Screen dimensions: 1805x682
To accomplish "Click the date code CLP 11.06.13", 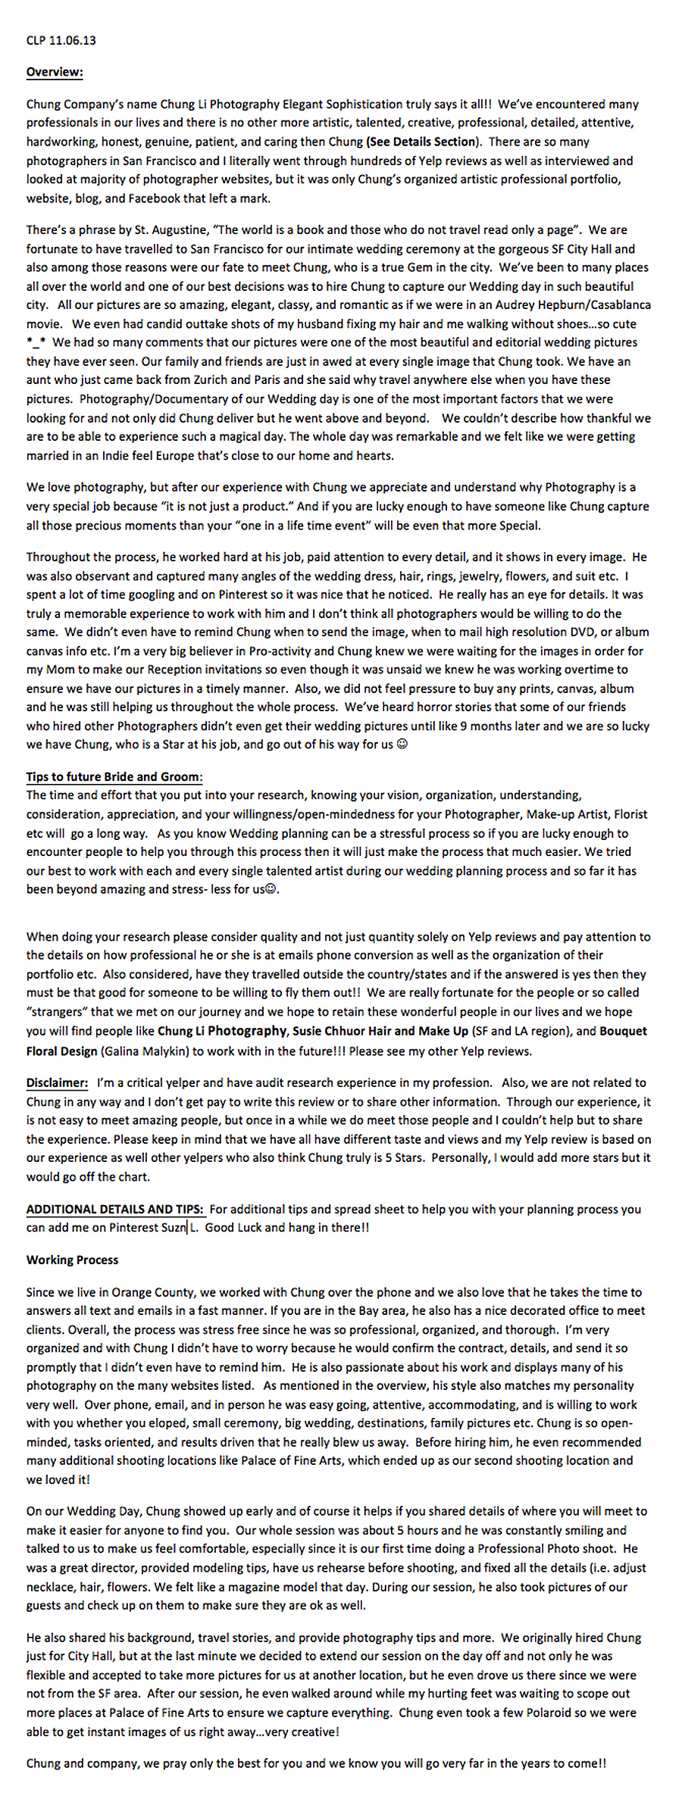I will (x=61, y=40).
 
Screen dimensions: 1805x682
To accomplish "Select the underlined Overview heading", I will (x=55, y=72).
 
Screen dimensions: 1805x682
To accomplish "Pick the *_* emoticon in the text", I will (x=36, y=343).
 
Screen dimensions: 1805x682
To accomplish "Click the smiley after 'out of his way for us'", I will (x=402, y=745).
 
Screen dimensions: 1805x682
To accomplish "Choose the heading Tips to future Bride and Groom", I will (x=114, y=777).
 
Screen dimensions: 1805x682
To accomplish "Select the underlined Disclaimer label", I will (x=57, y=1083).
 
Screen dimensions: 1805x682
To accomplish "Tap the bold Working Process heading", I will (x=72, y=1260).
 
